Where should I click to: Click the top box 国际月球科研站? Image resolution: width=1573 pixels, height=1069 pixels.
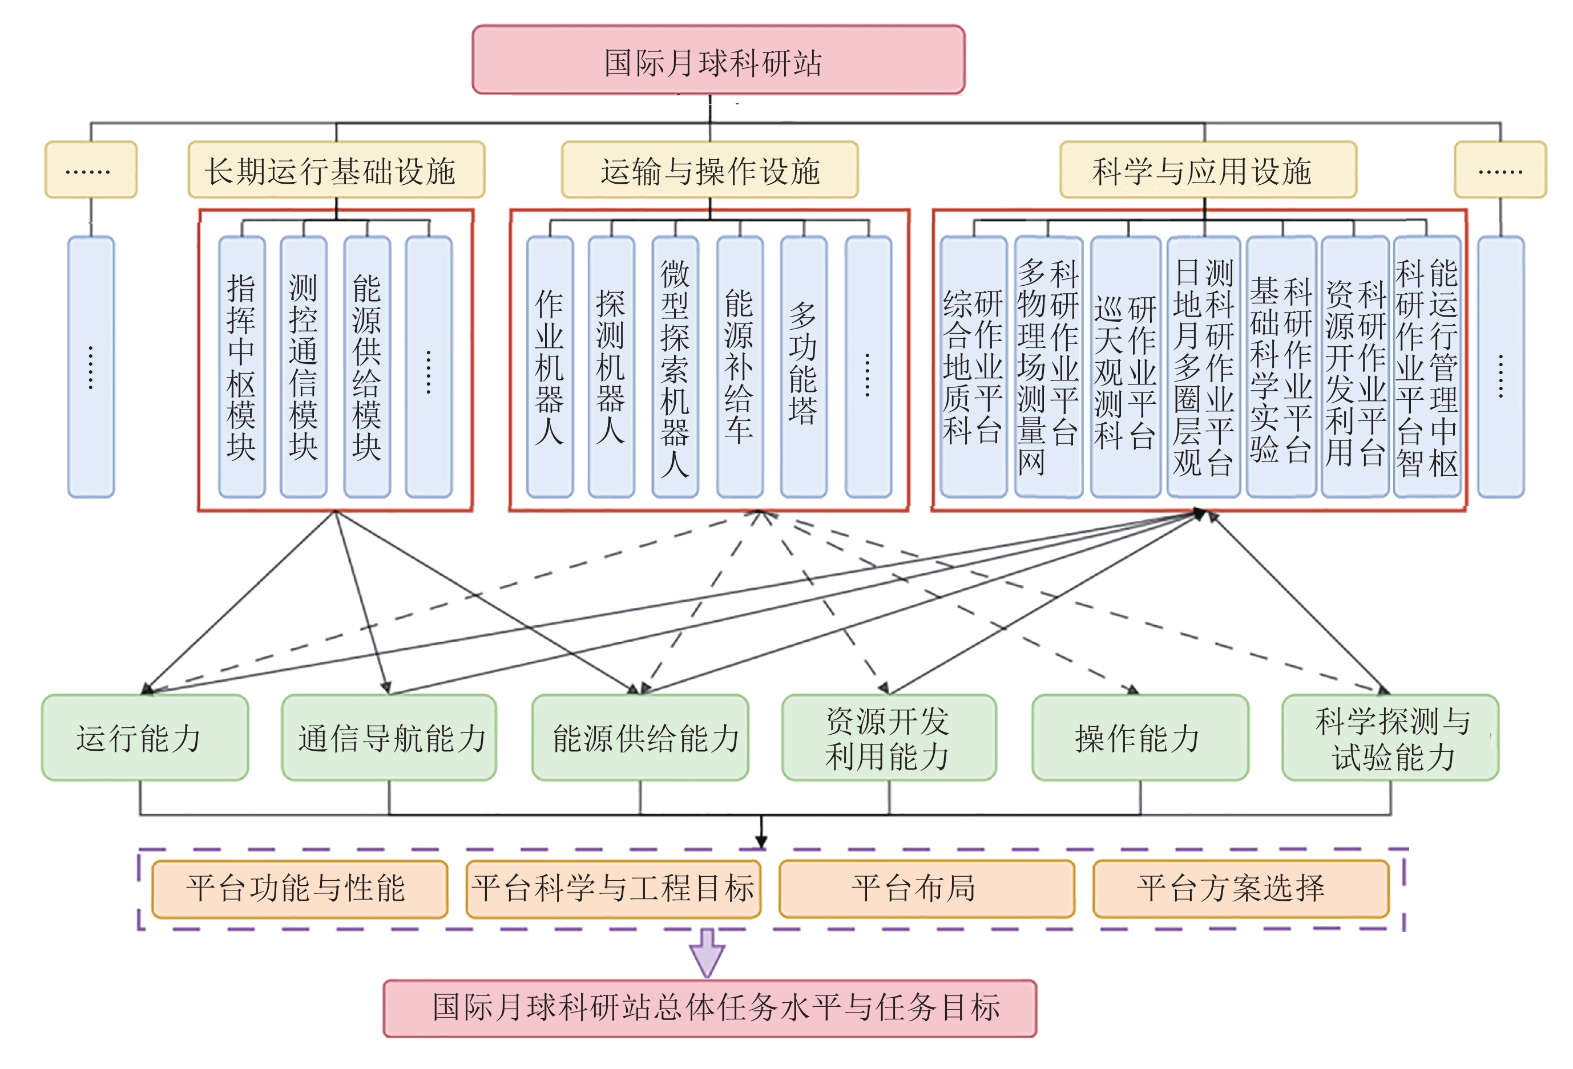[718, 59]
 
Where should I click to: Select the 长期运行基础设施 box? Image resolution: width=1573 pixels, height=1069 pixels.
[336, 170]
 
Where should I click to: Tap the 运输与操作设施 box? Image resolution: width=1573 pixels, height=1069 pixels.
[710, 170]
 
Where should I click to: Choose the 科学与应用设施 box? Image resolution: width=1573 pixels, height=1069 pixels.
[1208, 170]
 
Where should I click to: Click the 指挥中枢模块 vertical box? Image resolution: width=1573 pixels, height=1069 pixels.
[241, 367]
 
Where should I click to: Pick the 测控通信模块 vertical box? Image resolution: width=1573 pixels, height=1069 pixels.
[303, 367]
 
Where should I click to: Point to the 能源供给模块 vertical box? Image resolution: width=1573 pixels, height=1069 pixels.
[367, 367]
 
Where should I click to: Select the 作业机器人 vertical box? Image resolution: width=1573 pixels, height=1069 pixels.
[550, 367]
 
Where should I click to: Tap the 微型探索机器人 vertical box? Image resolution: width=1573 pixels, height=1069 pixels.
[675, 367]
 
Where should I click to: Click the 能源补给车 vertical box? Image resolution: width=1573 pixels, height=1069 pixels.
[740, 367]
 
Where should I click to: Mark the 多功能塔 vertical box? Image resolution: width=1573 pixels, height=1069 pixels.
[804, 367]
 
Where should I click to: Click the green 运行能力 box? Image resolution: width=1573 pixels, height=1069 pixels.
[145, 738]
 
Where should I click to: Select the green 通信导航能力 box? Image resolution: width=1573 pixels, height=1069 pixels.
[389, 738]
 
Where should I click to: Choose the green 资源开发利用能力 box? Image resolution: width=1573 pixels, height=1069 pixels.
[889, 738]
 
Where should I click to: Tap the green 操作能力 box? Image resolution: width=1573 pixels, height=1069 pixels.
[1140, 738]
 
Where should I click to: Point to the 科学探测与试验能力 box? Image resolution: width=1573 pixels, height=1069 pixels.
[1390, 738]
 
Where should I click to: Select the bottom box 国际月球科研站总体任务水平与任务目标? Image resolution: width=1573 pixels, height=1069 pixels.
[710, 1008]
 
